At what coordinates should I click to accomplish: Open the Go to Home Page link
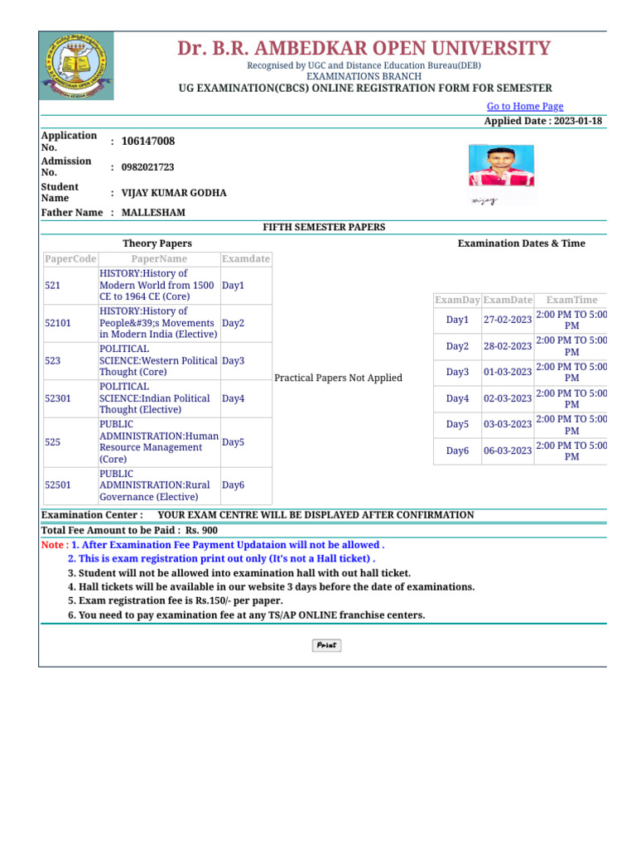pyautogui.click(x=524, y=106)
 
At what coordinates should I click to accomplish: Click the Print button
pyautogui.click(x=326, y=645)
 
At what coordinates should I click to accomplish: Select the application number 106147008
pyautogui.click(x=148, y=142)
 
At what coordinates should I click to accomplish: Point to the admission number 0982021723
pyautogui.click(x=147, y=167)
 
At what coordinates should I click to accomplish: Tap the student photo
pyautogui.click(x=501, y=166)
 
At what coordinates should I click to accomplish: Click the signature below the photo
pyautogui.click(x=484, y=200)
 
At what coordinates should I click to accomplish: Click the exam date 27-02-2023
pyautogui.click(x=508, y=320)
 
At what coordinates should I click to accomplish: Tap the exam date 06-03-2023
pyautogui.click(x=508, y=451)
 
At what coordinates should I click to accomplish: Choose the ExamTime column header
pyautogui.click(x=571, y=300)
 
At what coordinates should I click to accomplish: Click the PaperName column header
pyautogui.click(x=158, y=259)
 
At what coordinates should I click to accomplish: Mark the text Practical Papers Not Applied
pyautogui.click(x=338, y=378)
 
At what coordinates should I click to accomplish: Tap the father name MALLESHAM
pyautogui.click(x=153, y=213)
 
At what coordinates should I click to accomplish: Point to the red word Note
pyautogui.click(x=53, y=546)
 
